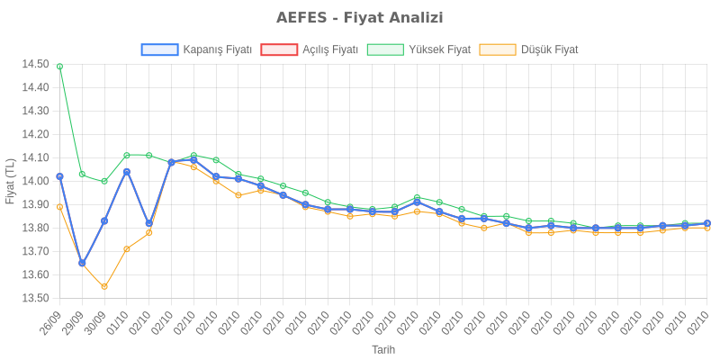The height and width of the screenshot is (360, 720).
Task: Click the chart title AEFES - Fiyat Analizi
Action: point(359,18)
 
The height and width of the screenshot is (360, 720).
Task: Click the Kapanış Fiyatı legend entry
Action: point(196,49)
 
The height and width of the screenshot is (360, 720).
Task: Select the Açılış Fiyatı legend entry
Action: point(310,49)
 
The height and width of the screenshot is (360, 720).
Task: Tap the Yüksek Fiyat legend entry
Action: point(419,49)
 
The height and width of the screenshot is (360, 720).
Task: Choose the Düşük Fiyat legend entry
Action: point(529,49)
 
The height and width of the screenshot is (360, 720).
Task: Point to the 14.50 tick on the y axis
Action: point(35,64)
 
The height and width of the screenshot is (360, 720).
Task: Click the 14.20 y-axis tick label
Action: point(35,134)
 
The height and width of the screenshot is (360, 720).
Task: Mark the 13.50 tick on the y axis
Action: point(35,298)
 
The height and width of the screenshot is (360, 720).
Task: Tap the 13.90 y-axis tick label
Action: point(35,204)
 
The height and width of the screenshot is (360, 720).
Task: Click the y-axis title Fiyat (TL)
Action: point(10,181)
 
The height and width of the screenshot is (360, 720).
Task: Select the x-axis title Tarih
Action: point(383,349)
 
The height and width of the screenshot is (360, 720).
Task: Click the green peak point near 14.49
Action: point(59,66)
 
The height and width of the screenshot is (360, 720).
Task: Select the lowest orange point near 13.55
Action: point(104,287)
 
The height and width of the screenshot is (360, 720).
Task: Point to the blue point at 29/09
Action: point(82,264)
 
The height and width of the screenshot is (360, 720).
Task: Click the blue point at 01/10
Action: point(127,171)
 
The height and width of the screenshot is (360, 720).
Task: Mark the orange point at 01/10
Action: point(127,248)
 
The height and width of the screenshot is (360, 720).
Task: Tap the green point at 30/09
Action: point(104,181)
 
